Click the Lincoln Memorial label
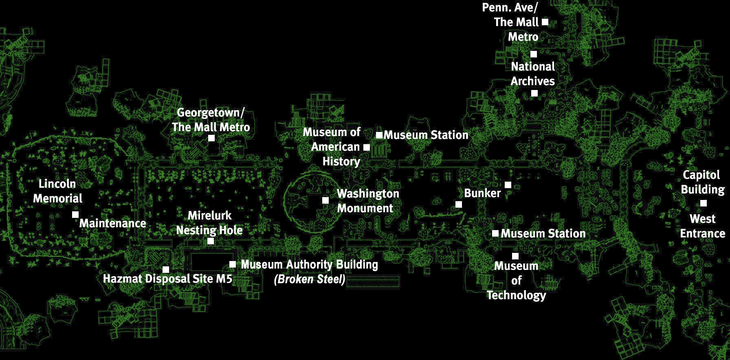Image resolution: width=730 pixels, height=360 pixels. [57, 191]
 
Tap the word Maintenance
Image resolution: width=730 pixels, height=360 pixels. [112, 223]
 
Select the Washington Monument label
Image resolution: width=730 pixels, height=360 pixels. [367, 201]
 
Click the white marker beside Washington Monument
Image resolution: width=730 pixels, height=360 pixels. [325, 200]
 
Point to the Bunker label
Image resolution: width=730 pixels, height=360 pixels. [482, 193]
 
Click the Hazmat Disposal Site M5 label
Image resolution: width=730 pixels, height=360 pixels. [167, 279]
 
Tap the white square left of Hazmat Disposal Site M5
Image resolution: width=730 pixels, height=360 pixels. [166, 270]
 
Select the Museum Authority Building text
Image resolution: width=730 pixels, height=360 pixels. [309, 265]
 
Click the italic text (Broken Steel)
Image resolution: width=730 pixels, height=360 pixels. [310, 279]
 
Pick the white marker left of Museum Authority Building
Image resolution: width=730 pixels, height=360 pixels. [233, 264]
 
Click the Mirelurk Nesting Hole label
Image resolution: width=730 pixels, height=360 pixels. [209, 223]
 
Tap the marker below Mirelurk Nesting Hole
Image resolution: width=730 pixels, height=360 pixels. [211, 241]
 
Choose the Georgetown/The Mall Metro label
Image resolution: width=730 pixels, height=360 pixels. [211, 120]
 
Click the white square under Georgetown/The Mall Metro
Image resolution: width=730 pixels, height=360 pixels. [211, 138]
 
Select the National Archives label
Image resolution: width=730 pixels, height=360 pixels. [533, 74]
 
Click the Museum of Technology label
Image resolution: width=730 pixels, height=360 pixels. [516, 281]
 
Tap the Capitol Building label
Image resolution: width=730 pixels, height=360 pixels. [702, 182]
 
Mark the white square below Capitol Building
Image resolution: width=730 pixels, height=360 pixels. [704, 203]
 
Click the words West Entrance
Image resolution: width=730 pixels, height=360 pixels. [702, 226]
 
